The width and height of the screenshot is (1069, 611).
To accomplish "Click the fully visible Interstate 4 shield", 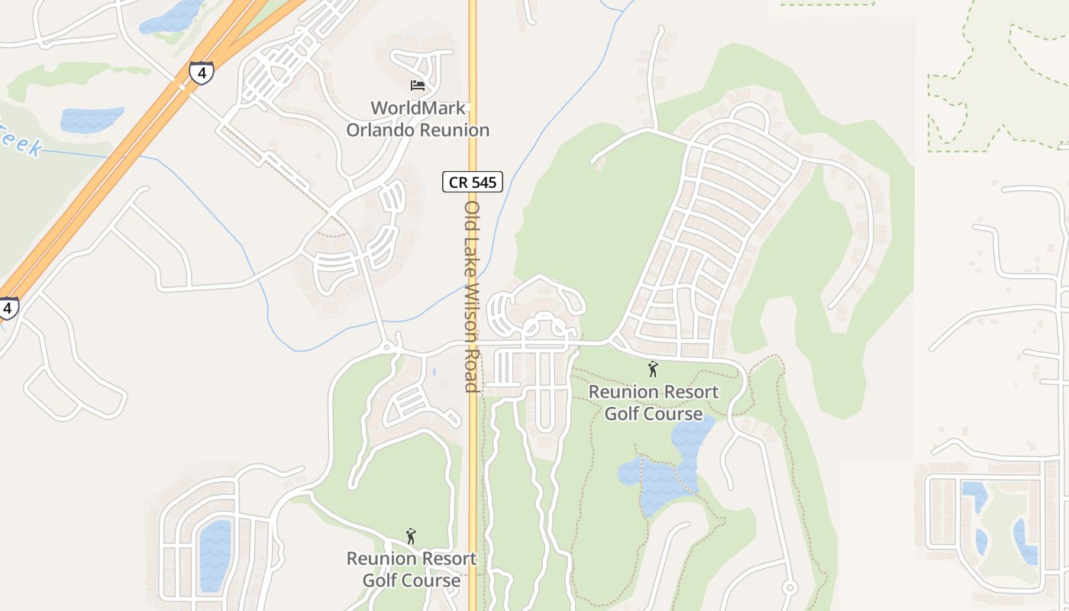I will pos(202,72).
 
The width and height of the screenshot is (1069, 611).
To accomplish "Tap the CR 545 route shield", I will pos(473,182).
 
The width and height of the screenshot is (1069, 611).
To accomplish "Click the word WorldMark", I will pos(418,108).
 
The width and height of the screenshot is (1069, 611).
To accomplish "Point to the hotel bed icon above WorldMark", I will pos(418,84).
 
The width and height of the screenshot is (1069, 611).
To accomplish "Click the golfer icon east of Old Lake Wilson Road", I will pos(652,370).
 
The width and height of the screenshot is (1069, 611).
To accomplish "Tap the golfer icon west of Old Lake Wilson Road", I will pos(411,536).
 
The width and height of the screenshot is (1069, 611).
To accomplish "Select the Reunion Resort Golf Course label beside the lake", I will pos(653,403).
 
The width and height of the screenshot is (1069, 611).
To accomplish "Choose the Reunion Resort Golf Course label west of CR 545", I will pos(412,569).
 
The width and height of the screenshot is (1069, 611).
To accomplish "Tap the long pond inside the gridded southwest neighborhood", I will pos(215,554).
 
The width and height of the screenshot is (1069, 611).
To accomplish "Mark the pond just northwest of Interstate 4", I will pos(92,119).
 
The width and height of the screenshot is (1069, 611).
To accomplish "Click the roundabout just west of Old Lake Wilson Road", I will pos(387,348).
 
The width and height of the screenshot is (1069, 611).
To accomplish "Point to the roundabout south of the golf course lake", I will pos(790,587).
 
